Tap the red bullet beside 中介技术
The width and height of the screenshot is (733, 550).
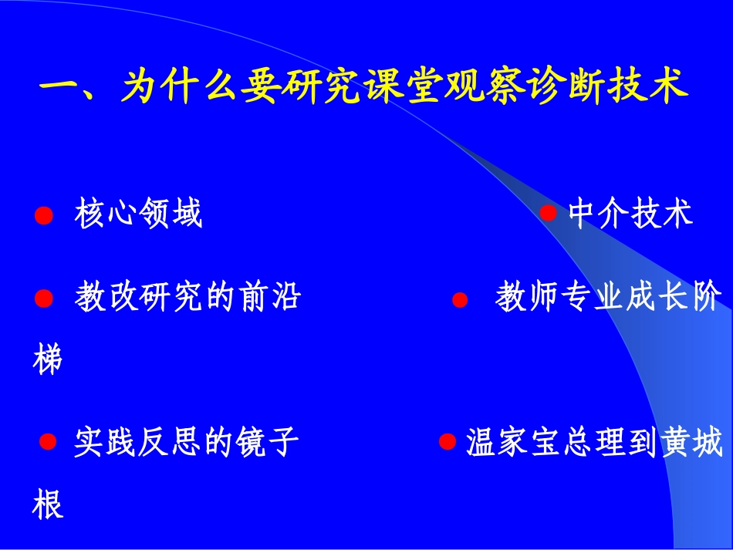click(548, 213)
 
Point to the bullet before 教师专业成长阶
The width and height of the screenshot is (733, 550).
click(460, 300)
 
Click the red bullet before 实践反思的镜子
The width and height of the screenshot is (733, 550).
click(48, 442)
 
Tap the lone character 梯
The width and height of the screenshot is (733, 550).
click(48, 360)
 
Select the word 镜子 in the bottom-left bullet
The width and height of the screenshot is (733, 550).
click(266, 443)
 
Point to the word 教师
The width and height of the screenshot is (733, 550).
click(525, 297)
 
